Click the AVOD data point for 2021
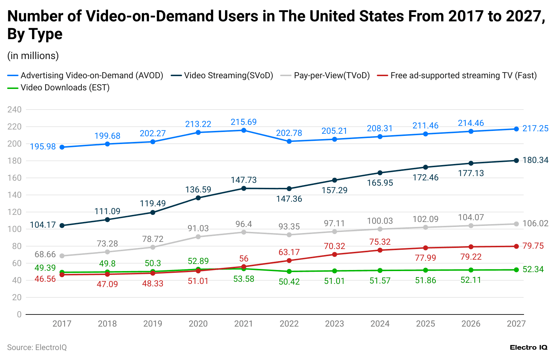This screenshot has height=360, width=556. coord(244,131)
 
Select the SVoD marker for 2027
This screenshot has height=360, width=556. coord(516,160)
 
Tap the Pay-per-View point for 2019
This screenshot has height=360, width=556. coord(153,247)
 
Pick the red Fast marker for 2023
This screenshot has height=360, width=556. coord(335,254)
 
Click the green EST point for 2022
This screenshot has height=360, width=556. coord(289,271)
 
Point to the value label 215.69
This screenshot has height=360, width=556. coord(244,122)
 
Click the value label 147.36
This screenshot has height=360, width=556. coord(289,199)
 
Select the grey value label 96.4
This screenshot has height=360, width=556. coord(244,224)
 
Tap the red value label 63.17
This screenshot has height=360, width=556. coord(289,252)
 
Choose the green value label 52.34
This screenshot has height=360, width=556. coord(533,270)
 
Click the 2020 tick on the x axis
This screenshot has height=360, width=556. coord(198,324)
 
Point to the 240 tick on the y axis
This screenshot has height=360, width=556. coord(14,110)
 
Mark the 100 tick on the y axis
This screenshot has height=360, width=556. coord(14,229)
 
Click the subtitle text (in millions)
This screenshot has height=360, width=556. coord(33,56)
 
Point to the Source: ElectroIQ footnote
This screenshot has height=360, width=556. coord(37,348)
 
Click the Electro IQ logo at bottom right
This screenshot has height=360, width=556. coord(528,348)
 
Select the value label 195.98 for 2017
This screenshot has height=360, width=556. coord(43,147)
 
